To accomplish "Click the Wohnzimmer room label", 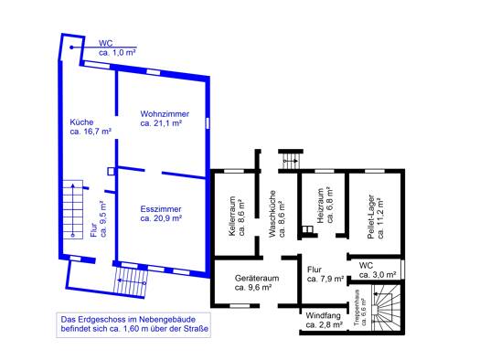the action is tap(165, 114).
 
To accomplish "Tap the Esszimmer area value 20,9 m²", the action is tap(161, 218).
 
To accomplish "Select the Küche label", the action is tap(81, 122).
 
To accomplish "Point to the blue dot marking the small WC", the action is tap(71, 48).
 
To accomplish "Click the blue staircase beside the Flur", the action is tap(73, 210).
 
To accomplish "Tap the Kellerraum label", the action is tap(232, 217).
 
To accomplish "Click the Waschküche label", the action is tap(272, 214).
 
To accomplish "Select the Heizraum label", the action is tap(320, 206).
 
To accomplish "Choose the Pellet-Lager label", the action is tap(371, 217).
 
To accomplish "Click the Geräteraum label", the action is tap(257, 279).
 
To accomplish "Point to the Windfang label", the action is tap(323, 315).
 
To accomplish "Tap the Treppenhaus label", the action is tap(356, 307).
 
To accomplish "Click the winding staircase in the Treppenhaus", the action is tap(386, 308).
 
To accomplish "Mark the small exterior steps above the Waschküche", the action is tap(291, 161).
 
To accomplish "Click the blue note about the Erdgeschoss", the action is tap(133, 324).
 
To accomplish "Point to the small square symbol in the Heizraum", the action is tap(307, 229).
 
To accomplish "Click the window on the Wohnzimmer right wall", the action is tap(208, 123).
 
